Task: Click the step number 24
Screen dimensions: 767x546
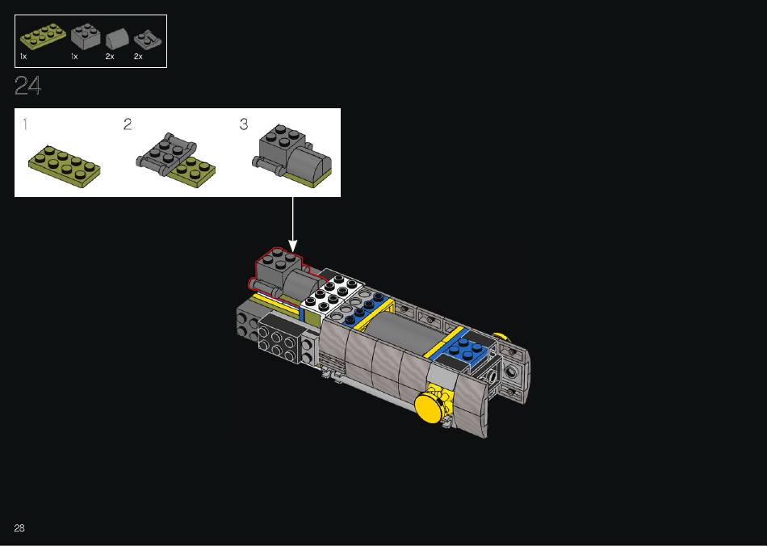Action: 28,85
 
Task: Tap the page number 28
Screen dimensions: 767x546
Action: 19,528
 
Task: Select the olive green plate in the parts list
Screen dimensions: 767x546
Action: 43,36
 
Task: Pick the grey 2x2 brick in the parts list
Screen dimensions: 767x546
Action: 86,36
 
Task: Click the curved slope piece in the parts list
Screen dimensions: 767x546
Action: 117,39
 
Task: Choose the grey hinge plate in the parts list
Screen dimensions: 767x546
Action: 147,40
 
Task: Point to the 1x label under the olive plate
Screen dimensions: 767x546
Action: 23,57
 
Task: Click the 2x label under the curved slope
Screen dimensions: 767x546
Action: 110,57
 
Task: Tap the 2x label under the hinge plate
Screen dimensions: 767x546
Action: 138,57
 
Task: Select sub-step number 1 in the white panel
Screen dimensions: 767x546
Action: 25,124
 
